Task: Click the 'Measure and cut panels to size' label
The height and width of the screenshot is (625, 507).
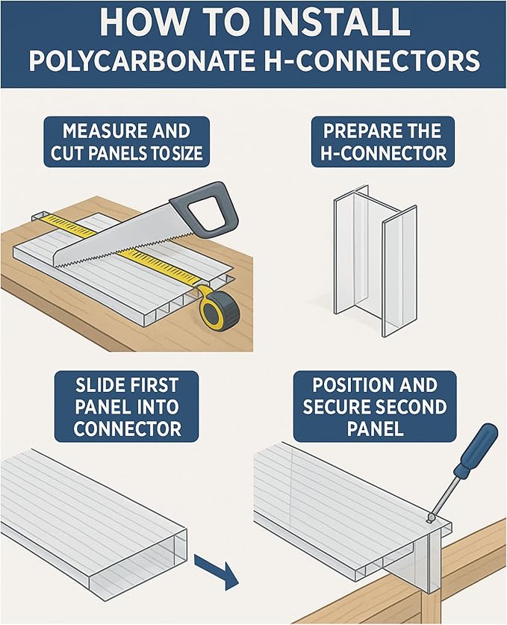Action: click(126, 142)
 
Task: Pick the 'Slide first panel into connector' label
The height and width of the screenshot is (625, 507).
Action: click(126, 406)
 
